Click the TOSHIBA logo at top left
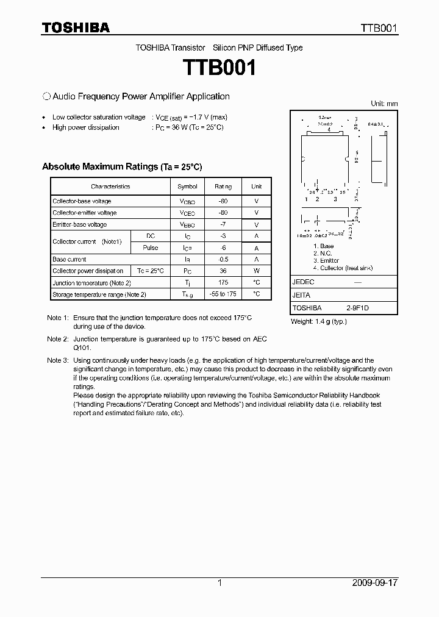click(75, 27)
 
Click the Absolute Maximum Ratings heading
click(121, 166)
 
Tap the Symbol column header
click(187, 187)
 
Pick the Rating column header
click(223, 187)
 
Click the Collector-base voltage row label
click(82, 201)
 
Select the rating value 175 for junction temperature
click(223, 283)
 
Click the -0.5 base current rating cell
click(223, 259)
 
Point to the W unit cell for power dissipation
click(257, 271)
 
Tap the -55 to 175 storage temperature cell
click(223, 294)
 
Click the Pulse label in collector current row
click(150, 248)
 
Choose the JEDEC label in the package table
click(303, 282)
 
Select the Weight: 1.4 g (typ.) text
click(319, 321)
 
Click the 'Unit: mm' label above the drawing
click(384, 104)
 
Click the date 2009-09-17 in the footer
click(375, 583)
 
